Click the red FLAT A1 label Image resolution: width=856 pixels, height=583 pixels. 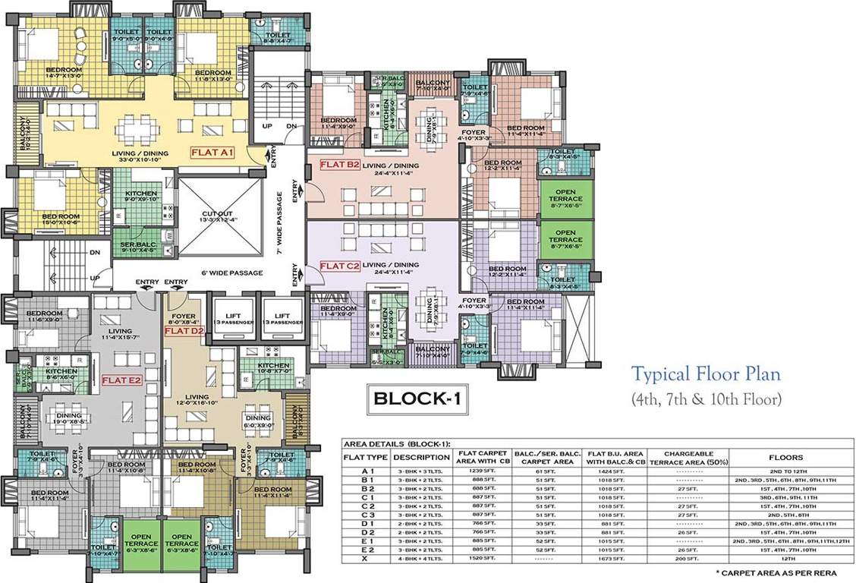click(214, 152)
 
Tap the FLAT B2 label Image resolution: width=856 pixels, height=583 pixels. click(338, 165)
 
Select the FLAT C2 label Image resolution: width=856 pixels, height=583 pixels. click(338, 266)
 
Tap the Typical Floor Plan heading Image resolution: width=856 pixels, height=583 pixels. click(707, 373)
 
